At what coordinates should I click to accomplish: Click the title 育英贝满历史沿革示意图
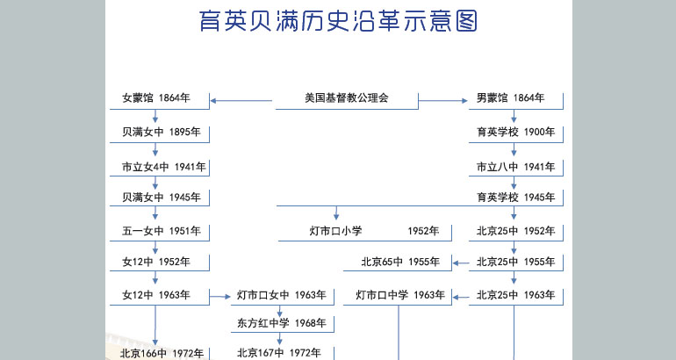point(338,21)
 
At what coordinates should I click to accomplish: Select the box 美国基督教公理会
point(347,101)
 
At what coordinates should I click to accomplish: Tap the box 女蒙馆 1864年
point(160,101)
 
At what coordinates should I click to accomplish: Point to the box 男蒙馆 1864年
point(516,101)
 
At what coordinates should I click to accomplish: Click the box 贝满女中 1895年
point(160,134)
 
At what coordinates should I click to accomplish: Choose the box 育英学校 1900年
point(516,134)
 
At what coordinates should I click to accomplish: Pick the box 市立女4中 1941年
point(160,168)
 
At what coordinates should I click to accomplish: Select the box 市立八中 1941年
point(516,168)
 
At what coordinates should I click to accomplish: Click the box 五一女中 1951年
point(160,233)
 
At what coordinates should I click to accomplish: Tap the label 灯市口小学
point(335,231)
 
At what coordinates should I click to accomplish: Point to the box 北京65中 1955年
point(398,263)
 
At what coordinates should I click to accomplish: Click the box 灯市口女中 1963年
point(283,297)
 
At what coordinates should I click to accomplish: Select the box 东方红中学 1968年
point(283,324)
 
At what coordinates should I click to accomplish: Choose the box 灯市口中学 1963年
point(398,297)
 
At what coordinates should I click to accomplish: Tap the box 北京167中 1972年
point(283,353)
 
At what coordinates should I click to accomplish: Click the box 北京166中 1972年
point(160,353)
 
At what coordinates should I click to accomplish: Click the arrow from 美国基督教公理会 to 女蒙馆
point(241,101)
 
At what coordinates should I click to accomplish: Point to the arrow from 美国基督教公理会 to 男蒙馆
point(443,101)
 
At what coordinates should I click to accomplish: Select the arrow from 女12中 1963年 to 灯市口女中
point(220,297)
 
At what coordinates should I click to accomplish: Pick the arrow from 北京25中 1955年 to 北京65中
point(461,263)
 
